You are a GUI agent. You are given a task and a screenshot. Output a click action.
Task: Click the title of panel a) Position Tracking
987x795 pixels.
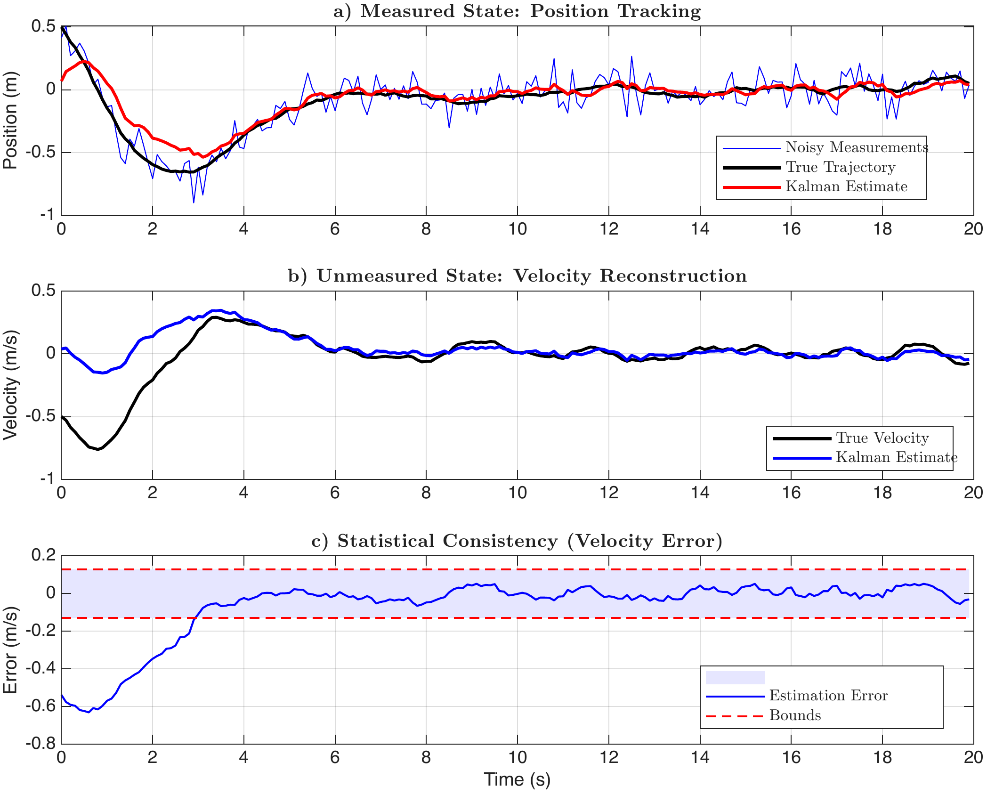(x=517, y=11)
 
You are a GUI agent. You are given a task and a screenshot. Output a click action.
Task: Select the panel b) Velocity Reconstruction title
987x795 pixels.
(x=517, y=276)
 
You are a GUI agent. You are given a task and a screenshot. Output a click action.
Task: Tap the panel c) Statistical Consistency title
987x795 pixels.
(x=517, y=541)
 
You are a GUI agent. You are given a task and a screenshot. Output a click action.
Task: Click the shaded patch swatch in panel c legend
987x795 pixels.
(x=735, y=677)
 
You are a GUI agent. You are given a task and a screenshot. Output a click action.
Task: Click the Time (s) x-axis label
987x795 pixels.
(x=517, y=780)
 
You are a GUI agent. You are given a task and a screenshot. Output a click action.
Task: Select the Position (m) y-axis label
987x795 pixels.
(x=10, y=121)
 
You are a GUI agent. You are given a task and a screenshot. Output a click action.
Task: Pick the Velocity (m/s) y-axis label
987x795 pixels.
(x=10, y=385)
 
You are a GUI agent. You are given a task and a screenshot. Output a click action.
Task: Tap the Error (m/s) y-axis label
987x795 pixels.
(x=10, y=650)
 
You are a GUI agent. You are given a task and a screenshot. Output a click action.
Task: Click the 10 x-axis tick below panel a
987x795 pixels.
(x=517, y=229)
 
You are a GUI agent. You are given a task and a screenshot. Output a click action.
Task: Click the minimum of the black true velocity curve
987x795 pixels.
(x=98, y=449)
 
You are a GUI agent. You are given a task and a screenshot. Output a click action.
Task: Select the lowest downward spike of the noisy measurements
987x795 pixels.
(x=194, y=203)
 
